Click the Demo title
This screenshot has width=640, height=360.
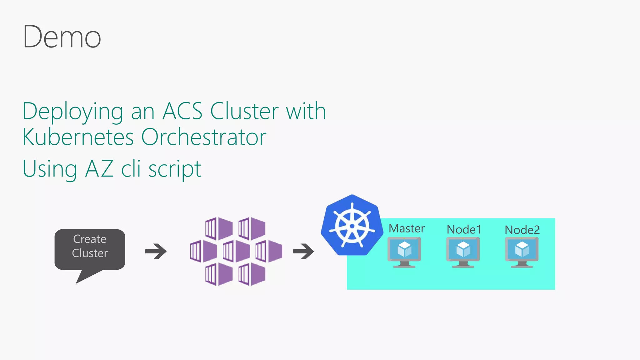tap(62, 37)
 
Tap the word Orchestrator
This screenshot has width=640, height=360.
tap(204, 137)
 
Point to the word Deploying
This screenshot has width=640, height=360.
tap(73, 112)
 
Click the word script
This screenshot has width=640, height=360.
tap(174, 169)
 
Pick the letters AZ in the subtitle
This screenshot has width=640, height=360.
tap(99, 169)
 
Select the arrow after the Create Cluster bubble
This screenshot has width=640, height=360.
tap(156, 251)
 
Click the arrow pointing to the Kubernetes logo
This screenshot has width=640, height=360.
tap(303, 251)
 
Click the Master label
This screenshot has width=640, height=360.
tap(407, 228)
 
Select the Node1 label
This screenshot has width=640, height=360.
tap(464, 230)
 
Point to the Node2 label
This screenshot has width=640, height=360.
tap(522, 230)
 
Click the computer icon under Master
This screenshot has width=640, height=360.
tap(404, 252)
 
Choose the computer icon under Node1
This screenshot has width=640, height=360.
tap(463, 252)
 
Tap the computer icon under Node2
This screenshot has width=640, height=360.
tap(522, 252)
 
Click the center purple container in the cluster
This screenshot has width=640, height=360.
tap(237, 251)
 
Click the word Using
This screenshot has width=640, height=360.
tap(50, 169)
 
